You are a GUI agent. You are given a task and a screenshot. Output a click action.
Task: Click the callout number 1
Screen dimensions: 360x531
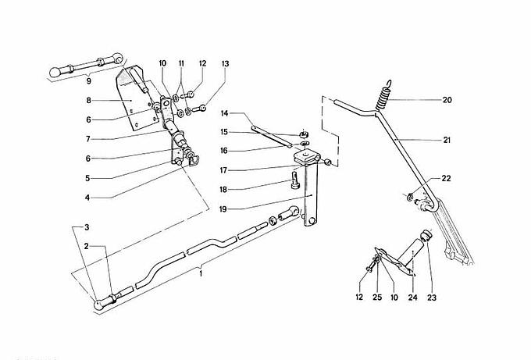(201, 274)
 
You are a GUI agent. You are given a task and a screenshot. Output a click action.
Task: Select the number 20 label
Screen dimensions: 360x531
(447, 100)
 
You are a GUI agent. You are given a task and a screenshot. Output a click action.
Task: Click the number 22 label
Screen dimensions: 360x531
(445, 178)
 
